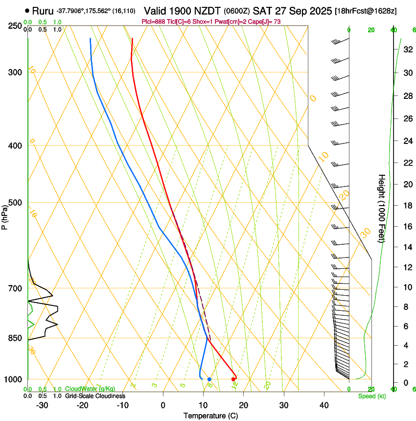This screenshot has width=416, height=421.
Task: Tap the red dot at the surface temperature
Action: [x=233, y=379]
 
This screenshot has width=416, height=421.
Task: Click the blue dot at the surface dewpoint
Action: [x=209, y=379]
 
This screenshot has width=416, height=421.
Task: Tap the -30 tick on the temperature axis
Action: [x=42, y=405]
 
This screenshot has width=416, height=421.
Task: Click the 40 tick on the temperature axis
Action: [x=324, y=405]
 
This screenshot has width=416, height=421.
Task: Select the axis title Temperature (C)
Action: [x=210, y=416]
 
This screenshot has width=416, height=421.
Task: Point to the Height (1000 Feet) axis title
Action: [x=382, y=208]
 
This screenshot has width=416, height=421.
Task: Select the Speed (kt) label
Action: [x=371, y=396]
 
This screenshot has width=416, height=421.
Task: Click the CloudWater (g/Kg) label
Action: [x=90, y=389]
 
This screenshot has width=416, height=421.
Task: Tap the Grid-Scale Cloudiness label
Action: [x=94, y=396]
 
